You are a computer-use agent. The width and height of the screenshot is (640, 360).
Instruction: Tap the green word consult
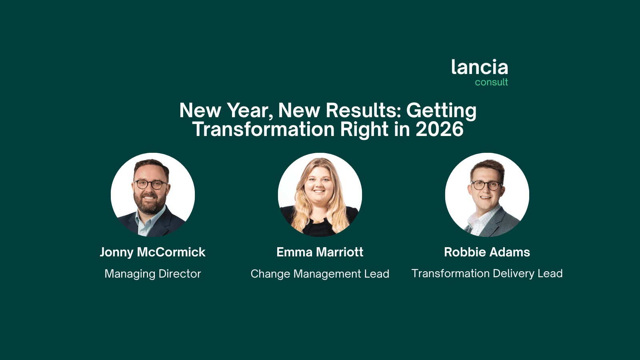pyautogui.click(x=492, y=82)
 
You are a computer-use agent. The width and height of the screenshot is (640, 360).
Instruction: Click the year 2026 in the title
pyautogui.click(x=440, y=129)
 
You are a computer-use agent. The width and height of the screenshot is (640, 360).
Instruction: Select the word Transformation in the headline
pyautogui.click(x=263, y=129)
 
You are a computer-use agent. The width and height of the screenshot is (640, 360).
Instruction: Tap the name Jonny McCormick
pyautogui.click(x=152, y=252)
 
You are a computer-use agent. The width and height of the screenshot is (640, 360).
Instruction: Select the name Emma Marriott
pyautogui.click(x=320, y=252)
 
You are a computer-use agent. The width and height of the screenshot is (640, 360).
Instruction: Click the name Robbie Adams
pyautogui.click(x=487, y=252)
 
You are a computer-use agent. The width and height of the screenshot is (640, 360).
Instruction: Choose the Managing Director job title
pyautogui.click(x=152, y=274)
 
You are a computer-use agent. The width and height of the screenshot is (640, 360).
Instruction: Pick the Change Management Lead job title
pyautogui.click(x=320, y=274)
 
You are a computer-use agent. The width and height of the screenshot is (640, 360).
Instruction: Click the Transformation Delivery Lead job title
pyautogui.click(x=487, y=274)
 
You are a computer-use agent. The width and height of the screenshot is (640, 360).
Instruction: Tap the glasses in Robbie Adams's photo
pyautogui.click(x=486, y=186)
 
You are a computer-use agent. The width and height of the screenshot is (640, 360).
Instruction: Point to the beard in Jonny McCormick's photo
pyautogui.click(x=150, y=202)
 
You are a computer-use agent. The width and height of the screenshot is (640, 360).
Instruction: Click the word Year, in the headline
pyautogui.click(x=250, y=111)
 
